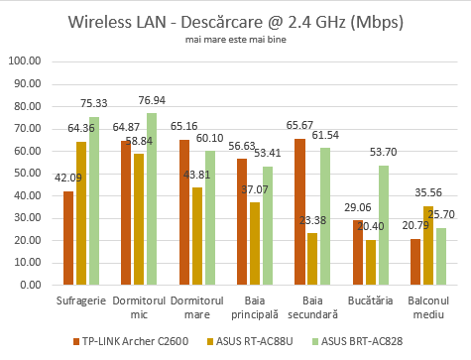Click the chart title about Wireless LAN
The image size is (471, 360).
coord(235,21)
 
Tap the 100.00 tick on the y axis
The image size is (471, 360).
coord(26,60)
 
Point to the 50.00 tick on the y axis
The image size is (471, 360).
coord(26,173)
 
